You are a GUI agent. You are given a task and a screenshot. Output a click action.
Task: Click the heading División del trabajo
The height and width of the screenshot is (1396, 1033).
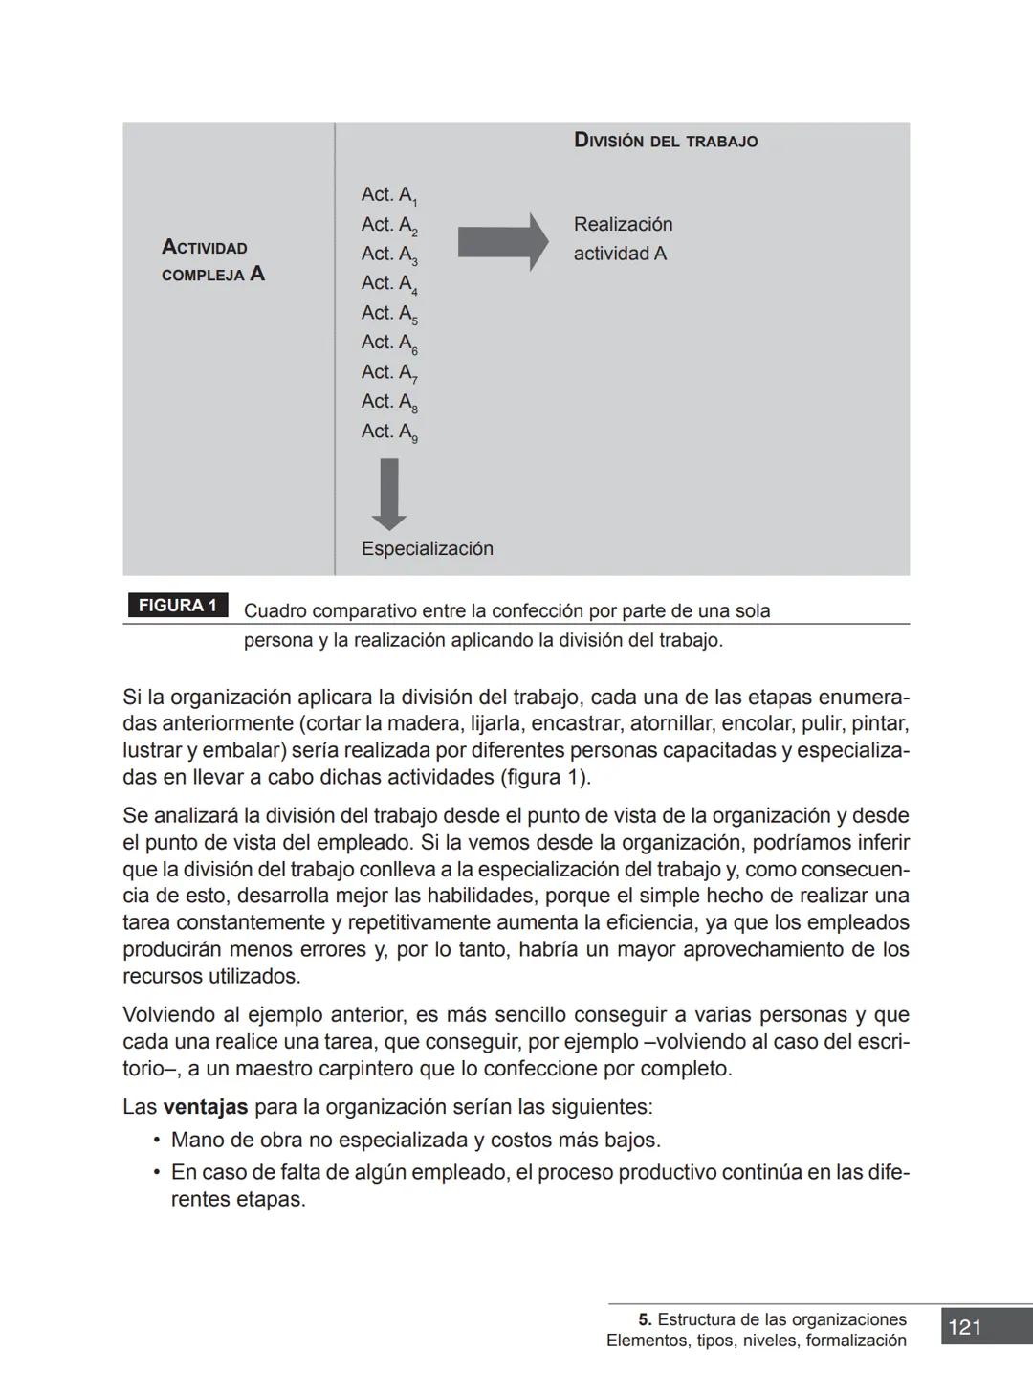tap(665, 141)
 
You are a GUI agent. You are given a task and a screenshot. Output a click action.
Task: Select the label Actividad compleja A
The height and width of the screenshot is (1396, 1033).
tap(212, 261)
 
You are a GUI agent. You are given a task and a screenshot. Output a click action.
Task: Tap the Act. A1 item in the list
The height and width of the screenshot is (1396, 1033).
tap(388, 195)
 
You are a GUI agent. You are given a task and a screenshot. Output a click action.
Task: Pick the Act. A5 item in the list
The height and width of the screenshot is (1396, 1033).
tap(388, 314)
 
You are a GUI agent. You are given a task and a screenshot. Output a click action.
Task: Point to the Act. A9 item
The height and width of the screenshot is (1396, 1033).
tap(388, 432)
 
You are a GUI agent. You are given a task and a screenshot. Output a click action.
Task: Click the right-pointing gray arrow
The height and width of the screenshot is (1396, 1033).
tap(502, 241)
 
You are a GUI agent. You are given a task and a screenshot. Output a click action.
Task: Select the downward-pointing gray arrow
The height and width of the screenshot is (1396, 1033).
tap(388, 494)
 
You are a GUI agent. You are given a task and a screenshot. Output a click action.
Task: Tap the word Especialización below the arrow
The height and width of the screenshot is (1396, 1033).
tap(427, 548)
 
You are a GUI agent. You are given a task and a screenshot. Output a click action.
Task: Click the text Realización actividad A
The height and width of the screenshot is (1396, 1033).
tap(623, 239)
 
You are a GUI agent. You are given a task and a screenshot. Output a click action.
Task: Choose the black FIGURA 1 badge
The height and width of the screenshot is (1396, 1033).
tap(177, 606)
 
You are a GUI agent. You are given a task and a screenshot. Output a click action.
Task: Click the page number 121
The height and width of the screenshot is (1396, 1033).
tap(965, 1327)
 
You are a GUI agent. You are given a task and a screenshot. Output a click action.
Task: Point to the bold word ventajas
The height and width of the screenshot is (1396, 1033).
tap(205, 1107)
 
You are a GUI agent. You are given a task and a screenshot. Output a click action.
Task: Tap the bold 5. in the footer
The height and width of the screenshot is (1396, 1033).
tap(646, 1319)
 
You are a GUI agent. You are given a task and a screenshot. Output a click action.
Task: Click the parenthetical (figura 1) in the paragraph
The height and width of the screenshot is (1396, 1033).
tap(544, 777)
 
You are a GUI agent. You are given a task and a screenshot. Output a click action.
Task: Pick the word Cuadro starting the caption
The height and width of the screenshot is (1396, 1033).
tap(275, 611)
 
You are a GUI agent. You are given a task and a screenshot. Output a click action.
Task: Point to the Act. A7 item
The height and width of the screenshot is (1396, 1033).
tap(388, 373)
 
